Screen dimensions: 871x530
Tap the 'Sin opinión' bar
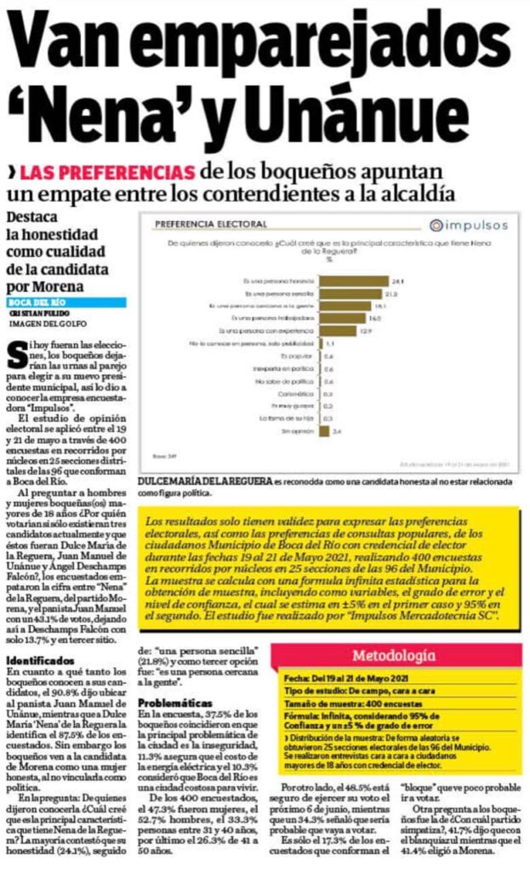pyautogui.click(x=324, y=432)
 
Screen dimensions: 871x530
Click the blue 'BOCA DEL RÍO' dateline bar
pyautogui.click(x=66, y=302)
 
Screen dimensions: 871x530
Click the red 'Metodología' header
pyautogui.click(x=395, y=656)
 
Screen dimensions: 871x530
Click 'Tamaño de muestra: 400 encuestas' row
pyautogui.click(x=340, y=706)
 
